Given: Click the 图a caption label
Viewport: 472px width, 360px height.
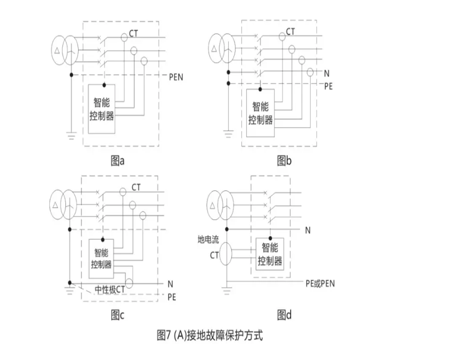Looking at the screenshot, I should click(117, 161).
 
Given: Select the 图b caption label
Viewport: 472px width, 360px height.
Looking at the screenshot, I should click(285, 161).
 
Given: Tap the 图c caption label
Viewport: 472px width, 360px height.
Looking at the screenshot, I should click(117, 316).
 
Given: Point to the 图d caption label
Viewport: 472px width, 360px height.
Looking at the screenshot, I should click(285, 316).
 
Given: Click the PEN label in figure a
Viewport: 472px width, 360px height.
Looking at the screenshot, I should click(177, 77).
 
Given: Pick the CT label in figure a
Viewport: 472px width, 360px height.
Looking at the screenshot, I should click(134, 35).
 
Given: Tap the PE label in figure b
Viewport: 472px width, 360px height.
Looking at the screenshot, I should click(328, 86).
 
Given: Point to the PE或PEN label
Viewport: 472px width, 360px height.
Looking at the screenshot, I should click(320, 283).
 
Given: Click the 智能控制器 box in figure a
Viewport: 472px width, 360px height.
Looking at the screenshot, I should click(104, 109).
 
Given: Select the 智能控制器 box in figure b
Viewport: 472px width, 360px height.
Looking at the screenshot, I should click(260, 113).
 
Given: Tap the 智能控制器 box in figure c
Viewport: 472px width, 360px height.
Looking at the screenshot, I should click(102, 258).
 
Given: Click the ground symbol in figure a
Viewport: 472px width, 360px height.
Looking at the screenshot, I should click(71, 135).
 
